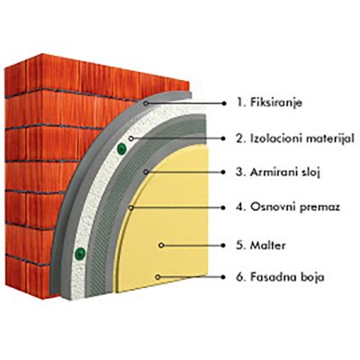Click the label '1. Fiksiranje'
point(269,103)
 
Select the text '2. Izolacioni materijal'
point(295,139)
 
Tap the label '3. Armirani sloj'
point(278,173)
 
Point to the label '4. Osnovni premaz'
point(288,207)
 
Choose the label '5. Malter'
point(261,245)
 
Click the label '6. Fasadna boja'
point(280,276)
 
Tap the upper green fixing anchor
point(121,148)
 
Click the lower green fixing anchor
point(80,254)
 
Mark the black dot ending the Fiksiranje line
point(223,103)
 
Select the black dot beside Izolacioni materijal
point(223,139)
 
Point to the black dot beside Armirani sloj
point(223,172)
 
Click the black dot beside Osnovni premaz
point(223,207)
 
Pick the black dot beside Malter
point(223,245)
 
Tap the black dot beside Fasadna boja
point(223,277)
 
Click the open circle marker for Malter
point(161,245)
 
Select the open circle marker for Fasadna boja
point(157,277)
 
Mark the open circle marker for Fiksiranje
point(146,103)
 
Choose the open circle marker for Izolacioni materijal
point(130,139)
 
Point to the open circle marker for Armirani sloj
point(146,172)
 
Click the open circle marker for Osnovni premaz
point(130,207)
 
